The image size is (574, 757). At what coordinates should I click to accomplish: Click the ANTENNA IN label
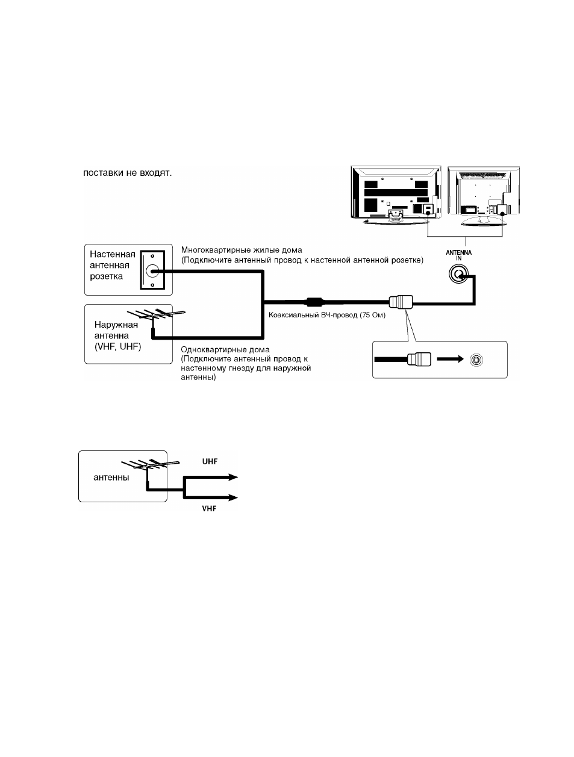[x=458, y=255]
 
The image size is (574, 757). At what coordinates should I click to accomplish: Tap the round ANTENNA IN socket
[x=458, y=274]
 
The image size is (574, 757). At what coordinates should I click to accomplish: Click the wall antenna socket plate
[x=152, y=270]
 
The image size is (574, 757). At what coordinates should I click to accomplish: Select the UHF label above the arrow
[x=210, y=461]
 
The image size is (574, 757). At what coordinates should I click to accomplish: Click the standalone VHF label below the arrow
[x=209, y=508]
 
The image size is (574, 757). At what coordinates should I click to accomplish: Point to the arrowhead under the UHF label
[x=233, y=478]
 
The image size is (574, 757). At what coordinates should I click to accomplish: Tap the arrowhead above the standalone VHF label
[x=233, y=497]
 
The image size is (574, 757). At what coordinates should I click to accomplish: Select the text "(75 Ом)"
[x=373, y=315]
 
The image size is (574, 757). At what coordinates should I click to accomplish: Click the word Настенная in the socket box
[x=113, y=254]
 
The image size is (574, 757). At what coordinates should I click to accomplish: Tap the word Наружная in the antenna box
[x=116, y=325]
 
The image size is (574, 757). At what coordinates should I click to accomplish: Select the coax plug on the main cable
[x=401, y=302]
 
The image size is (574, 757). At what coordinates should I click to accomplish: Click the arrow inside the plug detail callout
[x=450, y=359]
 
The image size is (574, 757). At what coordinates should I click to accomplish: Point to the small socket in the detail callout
[x=476, y=360]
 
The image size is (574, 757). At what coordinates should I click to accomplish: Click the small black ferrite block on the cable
[x=314, y=302]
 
